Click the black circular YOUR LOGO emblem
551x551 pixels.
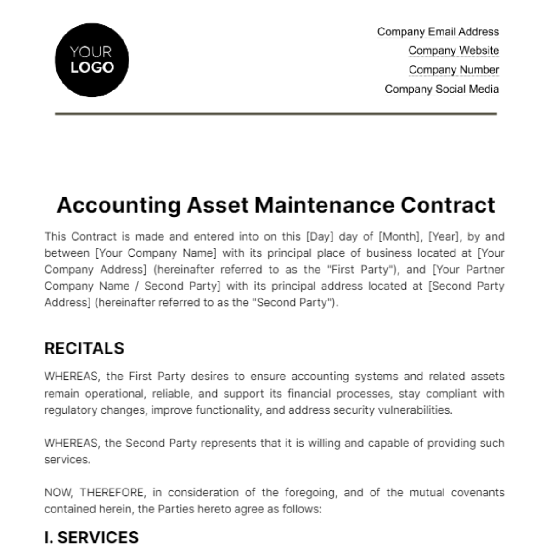point(92,60)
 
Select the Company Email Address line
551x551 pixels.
point(438,32)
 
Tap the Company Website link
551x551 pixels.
point(453,51)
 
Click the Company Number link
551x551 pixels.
point(453,70)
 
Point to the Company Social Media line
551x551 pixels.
point(441,89)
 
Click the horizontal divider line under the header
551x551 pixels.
point(275,113)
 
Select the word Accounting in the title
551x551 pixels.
point(118,205)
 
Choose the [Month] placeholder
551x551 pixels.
point(399,236)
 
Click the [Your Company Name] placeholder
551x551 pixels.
point(155,253)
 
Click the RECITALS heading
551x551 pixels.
point(84,349)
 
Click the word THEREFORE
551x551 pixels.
point(112,493)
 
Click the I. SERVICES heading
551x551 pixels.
point(91,538)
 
